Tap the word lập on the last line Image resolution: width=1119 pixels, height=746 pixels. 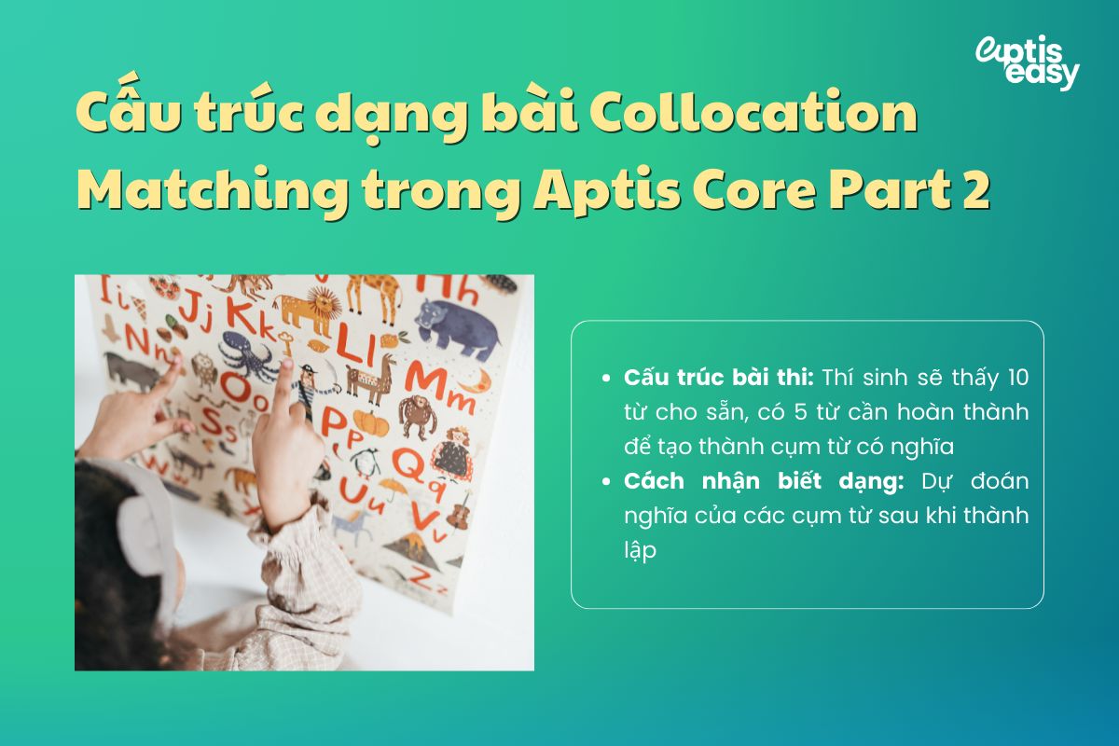[642, 550]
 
